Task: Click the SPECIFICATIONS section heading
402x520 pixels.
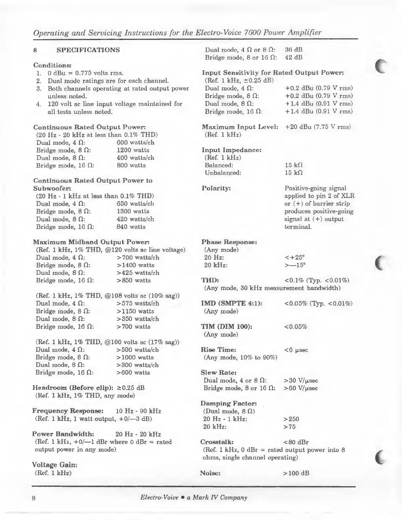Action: point(88,50)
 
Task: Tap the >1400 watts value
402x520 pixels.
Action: point(135,265)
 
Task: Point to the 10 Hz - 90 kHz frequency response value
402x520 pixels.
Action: point(139,411)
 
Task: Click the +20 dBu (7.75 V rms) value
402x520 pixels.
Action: point(318,127)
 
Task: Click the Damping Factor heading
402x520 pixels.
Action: point(229,403)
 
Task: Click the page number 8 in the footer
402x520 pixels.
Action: point(34,498)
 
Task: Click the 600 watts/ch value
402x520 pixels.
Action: point(135,142)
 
